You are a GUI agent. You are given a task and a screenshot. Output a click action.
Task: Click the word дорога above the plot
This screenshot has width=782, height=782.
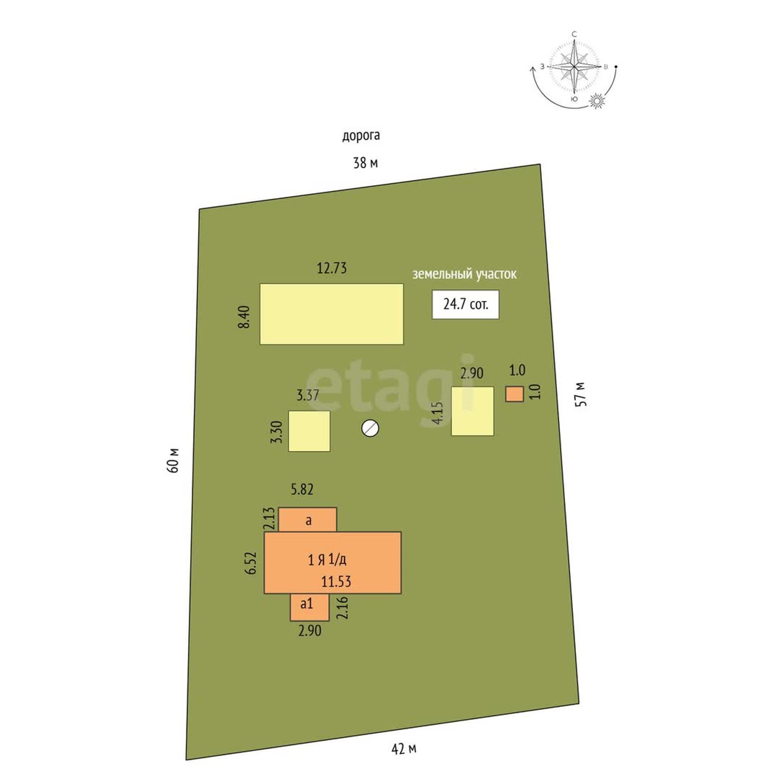click(x=361, y=136)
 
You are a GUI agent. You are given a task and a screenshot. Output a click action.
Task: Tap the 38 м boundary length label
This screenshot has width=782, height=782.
click(x=365, y=163)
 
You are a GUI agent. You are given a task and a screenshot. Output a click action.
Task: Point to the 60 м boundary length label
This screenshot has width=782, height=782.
click(x=173, y=460)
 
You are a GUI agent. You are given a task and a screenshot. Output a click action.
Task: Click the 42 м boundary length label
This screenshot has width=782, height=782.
click(x=404, y=749)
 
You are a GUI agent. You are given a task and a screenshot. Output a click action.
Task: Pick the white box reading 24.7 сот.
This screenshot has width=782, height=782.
click(x=466, y=304)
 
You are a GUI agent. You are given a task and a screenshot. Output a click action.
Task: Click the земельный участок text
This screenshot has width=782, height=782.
click(x=464, y=274)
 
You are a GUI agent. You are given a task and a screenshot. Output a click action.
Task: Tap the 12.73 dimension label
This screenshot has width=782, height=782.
click(x=332, y=268)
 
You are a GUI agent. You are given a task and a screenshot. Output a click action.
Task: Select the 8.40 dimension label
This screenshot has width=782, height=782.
click(x=245, y=318)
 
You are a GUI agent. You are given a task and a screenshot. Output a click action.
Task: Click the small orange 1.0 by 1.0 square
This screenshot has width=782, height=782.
click(x=514, y=394)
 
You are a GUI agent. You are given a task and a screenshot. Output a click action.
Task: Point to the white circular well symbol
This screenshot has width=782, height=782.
click(x=370, y=428)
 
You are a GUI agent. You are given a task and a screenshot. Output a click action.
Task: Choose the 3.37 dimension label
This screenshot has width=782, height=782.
click(x=308, y=395)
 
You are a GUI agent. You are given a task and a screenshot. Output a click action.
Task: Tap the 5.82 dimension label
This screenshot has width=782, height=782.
click(x=302, y=489)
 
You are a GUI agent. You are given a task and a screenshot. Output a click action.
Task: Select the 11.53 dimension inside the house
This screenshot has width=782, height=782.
click(x=336, y=581)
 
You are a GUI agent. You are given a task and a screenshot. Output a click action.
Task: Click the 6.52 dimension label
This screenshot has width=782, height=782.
click(x=251, y=563)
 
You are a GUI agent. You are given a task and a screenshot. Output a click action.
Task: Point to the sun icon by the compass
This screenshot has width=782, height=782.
click(x=597, y=101)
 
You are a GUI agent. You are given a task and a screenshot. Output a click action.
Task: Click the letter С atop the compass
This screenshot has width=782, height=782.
click(x=574, y=34)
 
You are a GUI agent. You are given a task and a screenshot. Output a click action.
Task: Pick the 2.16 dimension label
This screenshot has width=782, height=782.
click(x=343, y=608)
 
